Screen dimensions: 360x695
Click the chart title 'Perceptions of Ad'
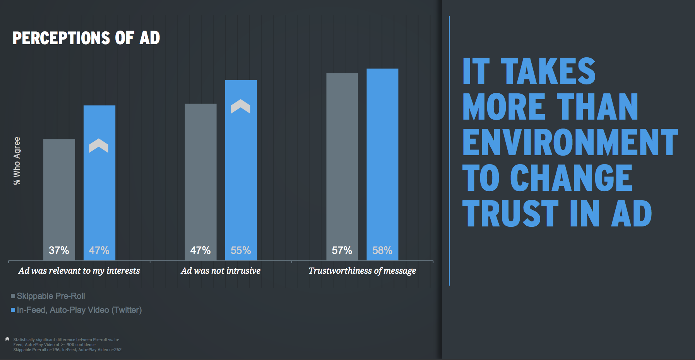pos(86,38)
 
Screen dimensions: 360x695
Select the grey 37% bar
pos(59,194)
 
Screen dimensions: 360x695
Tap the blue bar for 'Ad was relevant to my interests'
pos(99,194)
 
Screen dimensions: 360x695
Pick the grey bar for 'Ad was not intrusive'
pos(200,174)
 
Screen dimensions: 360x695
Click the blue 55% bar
pos(241,174)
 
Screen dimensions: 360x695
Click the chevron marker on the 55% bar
pos(241,106)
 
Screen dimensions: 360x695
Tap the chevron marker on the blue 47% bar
pos(99,146)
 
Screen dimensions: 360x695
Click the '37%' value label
pos(59,250)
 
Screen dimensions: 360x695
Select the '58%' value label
pos(382,250)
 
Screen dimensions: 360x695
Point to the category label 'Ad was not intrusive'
pos(221,271)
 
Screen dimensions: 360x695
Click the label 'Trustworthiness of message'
pos(362,271)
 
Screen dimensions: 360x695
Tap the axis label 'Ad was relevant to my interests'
pos(79,271)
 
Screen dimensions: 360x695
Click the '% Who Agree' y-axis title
pos(17,161)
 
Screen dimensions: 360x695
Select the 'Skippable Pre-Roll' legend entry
pos(51,296)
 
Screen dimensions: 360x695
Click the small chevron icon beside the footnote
pos(7,339)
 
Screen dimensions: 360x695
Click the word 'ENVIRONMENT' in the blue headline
pos(570,142)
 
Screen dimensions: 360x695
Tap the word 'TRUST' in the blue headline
pos(510,214)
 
